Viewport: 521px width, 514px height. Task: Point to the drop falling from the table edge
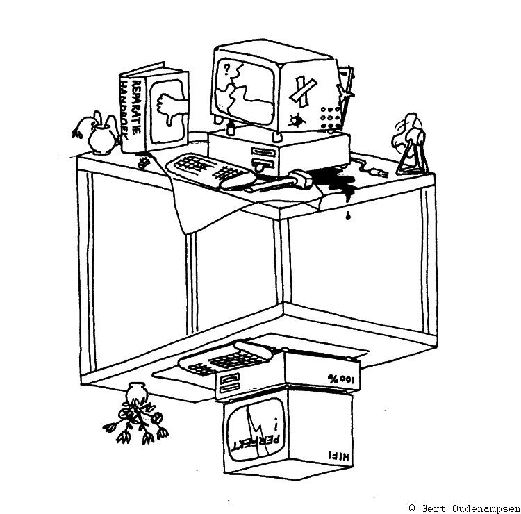click(345, 216)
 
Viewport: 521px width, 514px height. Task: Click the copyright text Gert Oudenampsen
click(463, 507)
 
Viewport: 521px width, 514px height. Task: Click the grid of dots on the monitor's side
click(329, 115)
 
